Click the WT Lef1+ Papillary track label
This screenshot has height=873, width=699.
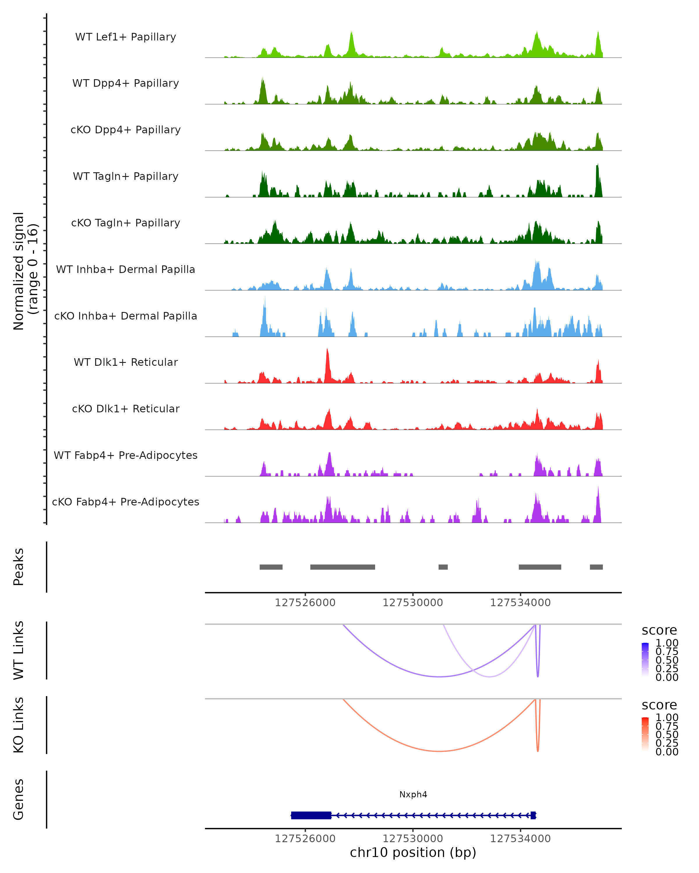coord(126,37)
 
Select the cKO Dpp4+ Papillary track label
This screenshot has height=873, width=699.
coord(126,130)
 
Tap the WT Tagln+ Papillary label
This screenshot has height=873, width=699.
coord(126,177)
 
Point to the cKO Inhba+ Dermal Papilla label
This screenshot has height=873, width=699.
coord(126,316)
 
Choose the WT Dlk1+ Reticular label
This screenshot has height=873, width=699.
coord(126,362)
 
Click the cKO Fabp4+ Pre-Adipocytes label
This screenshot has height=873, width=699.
coord(126,502)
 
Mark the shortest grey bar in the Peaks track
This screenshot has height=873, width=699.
coord(443,567)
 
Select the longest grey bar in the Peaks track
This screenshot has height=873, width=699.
coord(343,567)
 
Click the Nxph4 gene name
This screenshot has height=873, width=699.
coord(413,794)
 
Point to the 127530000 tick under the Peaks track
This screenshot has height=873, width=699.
coord(413,603)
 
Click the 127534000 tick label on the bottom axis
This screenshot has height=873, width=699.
coord(520,839)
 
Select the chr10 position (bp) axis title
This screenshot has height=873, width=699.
coord(413,852)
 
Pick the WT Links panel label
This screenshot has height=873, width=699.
coord(19,650)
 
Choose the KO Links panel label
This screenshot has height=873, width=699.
coord(19,725)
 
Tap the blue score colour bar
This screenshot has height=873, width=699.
coord(645,660)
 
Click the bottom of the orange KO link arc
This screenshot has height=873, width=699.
coord(439,751)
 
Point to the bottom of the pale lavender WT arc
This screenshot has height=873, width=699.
coord(490,677)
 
